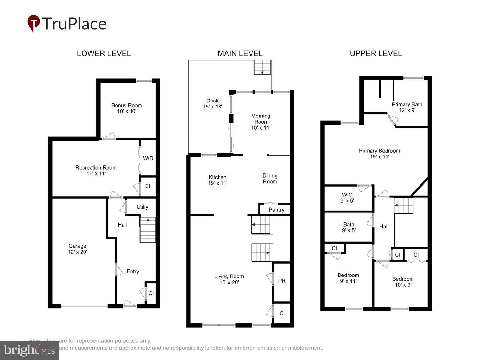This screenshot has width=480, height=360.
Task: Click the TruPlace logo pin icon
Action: click(x=33, y=23)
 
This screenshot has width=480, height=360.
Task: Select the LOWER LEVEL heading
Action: click(x=104, y=53)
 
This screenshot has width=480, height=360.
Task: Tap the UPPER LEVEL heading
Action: click(x=376, y=53)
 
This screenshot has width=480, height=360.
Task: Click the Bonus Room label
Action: click(x=126, y=105)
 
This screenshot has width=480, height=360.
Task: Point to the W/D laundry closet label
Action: click(x=148, y=158)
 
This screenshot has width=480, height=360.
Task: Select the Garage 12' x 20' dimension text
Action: click(x=77, y=252)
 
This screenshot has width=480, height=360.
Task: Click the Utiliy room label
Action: click(x=142, y=207)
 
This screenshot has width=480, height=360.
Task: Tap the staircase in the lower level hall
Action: click(x=148, y=230)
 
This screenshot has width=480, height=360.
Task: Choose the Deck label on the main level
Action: click(x=212, y=100)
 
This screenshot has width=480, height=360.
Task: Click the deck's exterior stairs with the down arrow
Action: click(x=262, y=67)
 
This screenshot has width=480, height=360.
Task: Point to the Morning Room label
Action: click(x=261, y=119)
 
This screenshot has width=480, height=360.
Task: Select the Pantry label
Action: click(x=276, y=210)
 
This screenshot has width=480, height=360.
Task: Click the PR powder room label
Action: click(x=282, y=281)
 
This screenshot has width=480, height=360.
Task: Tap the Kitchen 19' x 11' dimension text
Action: click(x=218, y=183)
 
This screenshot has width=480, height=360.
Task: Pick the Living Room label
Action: click(x=229, y=276)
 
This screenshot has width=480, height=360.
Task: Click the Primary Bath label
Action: click(x=407, y=104)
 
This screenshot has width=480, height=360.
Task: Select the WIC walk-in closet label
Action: click(x=347, y=195)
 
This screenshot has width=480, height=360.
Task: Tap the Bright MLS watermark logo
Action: click(x=29, y=350)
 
